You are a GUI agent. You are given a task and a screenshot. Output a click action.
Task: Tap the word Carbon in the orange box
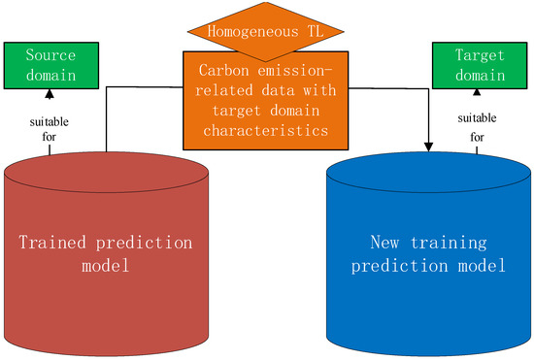pos(219,69)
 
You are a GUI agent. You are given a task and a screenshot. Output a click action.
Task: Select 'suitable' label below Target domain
pos(477,118)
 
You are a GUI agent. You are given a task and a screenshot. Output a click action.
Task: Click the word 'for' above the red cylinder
pos(49,137)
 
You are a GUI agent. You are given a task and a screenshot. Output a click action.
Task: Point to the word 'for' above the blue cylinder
pos(477,137)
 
